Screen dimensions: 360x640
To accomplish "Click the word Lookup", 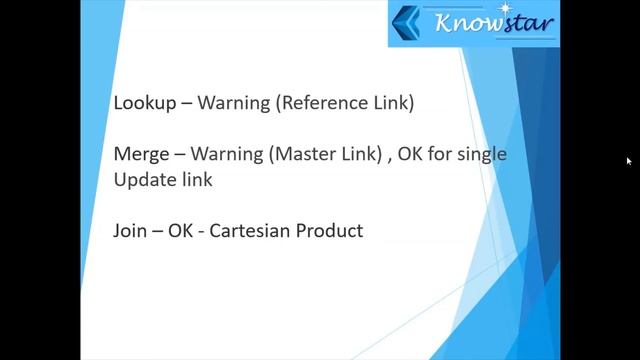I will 142,103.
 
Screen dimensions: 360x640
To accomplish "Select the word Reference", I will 327,102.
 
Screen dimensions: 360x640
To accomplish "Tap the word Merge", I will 141,155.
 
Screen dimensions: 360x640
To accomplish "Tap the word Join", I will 132,232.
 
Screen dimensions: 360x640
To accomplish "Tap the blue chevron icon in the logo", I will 408,24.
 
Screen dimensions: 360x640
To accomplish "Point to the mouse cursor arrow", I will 629,161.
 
